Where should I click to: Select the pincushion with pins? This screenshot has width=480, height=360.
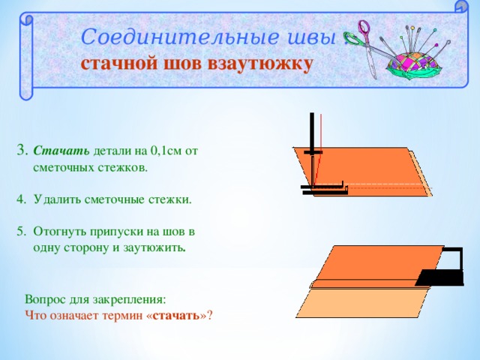[417, 56]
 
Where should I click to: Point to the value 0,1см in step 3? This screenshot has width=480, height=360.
[166, 151]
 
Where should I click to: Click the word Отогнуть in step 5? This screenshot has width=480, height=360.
[61, 232]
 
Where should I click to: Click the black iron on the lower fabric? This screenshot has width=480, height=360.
[442, 270]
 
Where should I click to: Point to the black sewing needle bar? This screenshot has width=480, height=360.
[311, 135]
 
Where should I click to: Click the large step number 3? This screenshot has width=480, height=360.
[22, 150]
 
